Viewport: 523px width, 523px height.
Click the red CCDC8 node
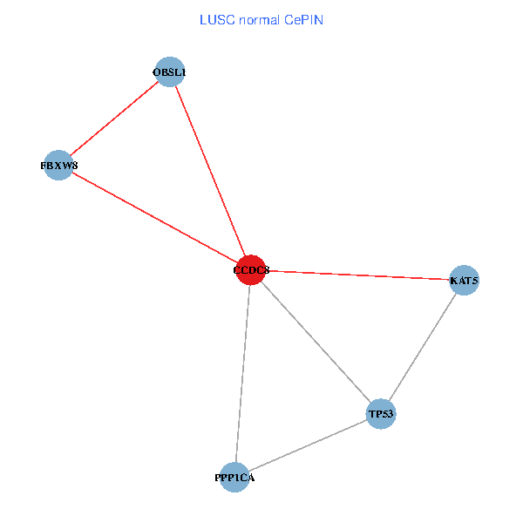pos(251,270)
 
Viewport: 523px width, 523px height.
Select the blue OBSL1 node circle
pos(169,71)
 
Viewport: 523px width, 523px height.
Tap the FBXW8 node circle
pos(58,165)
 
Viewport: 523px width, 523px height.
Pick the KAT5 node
pos(464,281)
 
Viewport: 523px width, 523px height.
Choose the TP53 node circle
pos(381,413)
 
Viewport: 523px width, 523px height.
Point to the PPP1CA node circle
pos(234,477)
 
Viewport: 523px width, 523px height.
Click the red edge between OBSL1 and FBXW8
pos(113,119)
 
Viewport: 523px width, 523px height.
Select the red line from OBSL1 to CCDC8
pos(210,171)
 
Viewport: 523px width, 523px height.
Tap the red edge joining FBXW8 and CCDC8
pos(154,218)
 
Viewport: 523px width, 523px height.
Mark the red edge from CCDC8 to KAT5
pos(357,275)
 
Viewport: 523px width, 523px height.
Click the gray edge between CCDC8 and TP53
pos(316,342)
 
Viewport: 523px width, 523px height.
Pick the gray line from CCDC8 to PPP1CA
pos(242,373)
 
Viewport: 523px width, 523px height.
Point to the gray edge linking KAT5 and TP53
pos(422,347)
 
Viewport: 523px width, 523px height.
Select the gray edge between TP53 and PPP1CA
pos(308,445)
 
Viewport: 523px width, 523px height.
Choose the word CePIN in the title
pos(302,19)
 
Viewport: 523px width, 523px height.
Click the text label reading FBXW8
pos(58,165)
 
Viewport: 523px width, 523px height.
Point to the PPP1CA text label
pos(234,478)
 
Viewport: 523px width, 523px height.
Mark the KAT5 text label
pos(464,281)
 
